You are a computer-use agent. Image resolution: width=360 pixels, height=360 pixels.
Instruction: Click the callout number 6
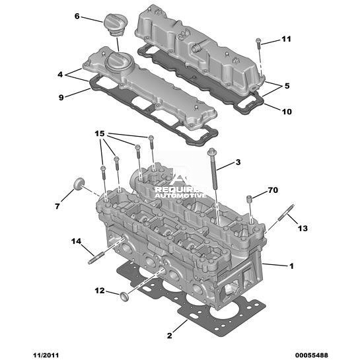(x=77, y=17)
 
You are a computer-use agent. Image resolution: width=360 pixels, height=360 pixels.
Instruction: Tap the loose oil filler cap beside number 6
(x=116, y=25)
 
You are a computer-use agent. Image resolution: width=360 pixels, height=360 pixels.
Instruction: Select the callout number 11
(x=286, y=39)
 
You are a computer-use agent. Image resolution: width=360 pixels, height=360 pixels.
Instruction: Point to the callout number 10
(x=287, y=112)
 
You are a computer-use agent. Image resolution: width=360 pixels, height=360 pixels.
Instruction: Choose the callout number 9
(x=61, y=98)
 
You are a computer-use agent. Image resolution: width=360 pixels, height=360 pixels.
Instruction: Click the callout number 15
(x=100, y=133)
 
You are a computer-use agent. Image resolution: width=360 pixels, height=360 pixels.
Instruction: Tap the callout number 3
(x=238, y=162)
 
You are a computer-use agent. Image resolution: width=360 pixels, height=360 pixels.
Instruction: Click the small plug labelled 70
(x=249, y=199)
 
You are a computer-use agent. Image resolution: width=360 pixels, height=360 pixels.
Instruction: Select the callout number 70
(x=273, y=190)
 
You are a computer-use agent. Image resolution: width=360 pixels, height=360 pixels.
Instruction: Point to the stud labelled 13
(x=286, y=213)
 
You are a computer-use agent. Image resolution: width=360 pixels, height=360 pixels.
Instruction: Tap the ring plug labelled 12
(x=124, y=297)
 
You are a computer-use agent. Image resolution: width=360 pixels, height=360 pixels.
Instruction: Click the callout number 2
(x=169, y=336)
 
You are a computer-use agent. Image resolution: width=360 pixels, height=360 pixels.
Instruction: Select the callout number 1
(x=291, y=266)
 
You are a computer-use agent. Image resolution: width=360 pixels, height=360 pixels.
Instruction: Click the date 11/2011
(x=46, y=355)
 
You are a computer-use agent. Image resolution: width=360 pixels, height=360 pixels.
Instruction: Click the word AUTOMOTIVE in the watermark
(x=180, y=196)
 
